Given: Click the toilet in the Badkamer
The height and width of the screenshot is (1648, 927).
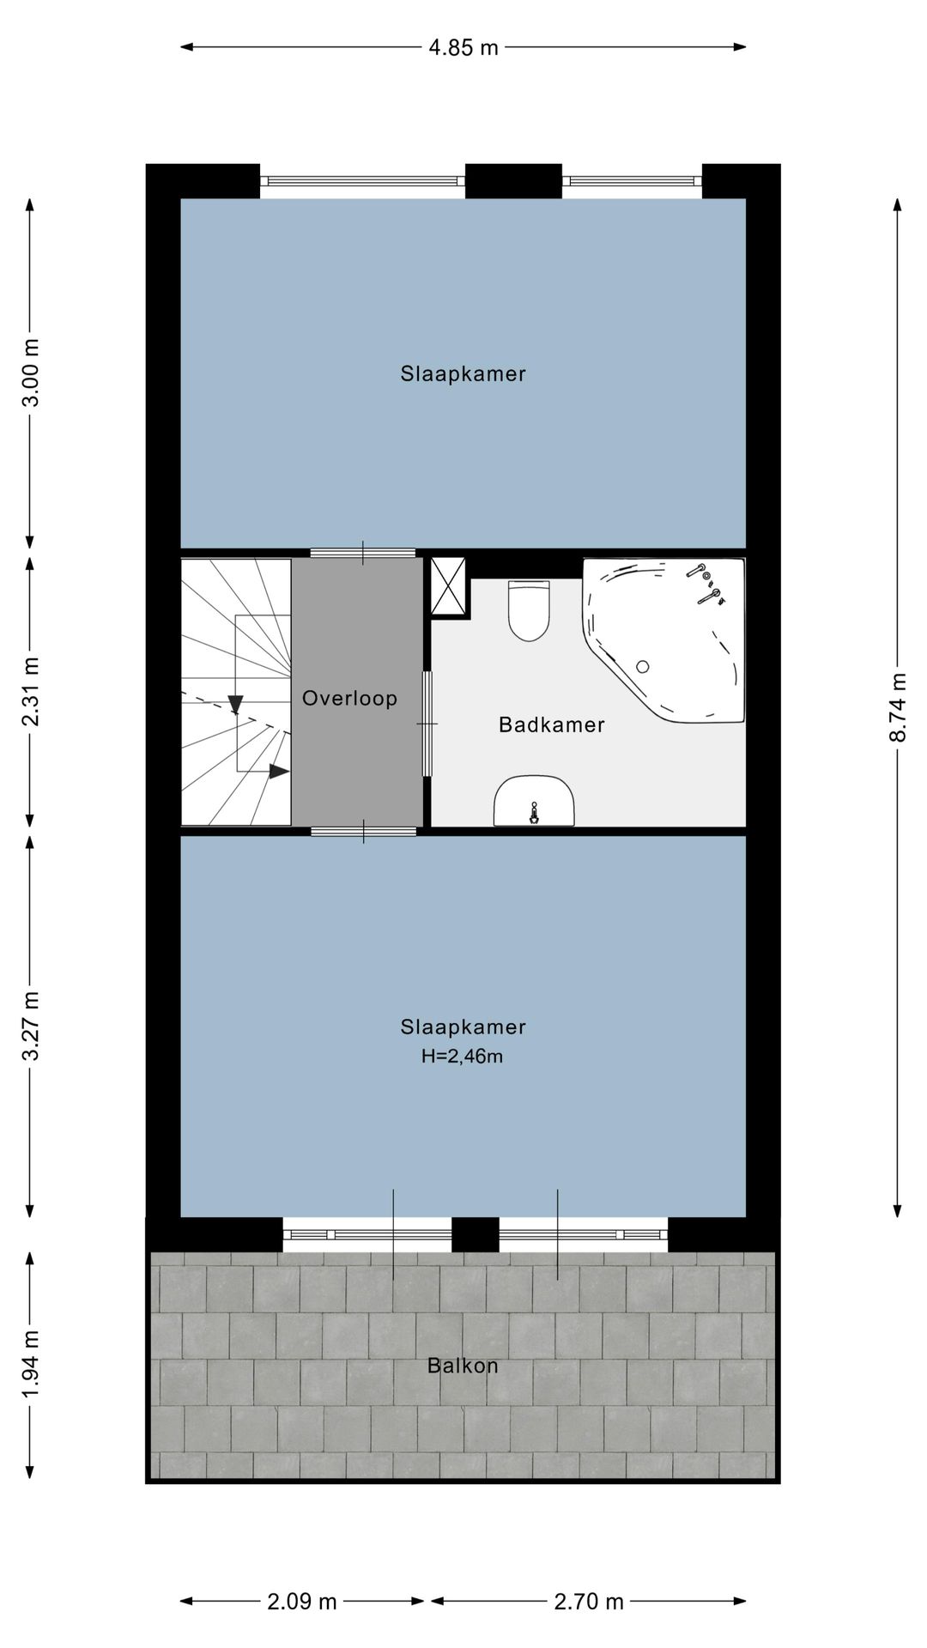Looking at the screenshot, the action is coord(528,611).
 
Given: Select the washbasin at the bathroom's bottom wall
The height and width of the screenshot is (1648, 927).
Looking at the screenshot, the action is coord(534,802).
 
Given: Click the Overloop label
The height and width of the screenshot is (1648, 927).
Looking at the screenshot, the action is coord(350,699).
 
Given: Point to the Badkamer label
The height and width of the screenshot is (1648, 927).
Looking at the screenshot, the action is coord(552,725).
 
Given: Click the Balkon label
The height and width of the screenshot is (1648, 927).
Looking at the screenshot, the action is coord(463,1366).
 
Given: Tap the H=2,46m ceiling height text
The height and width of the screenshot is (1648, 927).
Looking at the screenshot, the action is coord(462,1057).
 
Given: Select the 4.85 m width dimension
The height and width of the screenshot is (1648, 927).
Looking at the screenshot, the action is coord(463,47).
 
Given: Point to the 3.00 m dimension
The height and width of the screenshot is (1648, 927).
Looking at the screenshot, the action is coord(30,373).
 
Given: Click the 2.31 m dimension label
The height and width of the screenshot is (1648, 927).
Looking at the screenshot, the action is coord(30,691).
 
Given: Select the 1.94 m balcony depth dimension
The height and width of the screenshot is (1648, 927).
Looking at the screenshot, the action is coord(30,1365).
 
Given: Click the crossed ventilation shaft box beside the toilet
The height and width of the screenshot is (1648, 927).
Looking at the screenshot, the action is coord(448,586).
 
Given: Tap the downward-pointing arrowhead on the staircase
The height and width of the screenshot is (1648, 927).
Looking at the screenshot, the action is coord(236,705).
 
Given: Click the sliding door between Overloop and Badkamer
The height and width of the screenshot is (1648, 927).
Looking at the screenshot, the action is coord(427,724).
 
